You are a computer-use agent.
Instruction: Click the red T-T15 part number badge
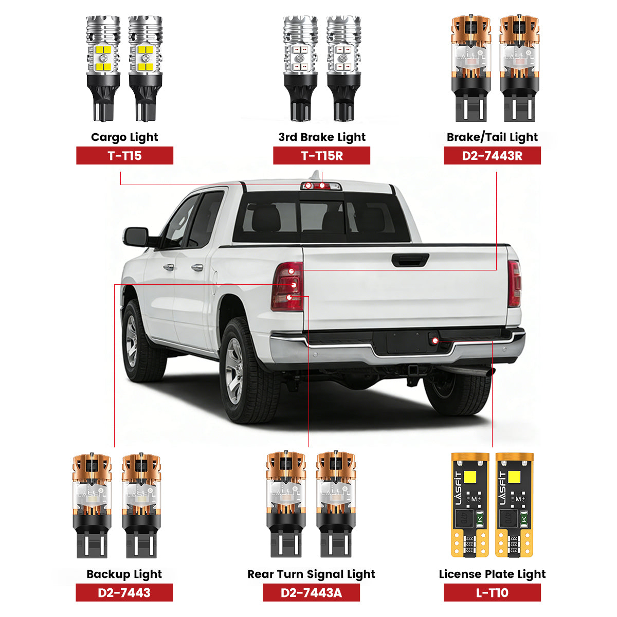pyautogui.click(x=124, y=155)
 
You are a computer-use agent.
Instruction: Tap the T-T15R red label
pyautogui.click(x=321, y=155)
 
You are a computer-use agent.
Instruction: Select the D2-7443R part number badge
pyautogui.click(x=492, y=155)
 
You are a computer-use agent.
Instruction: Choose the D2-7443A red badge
pyautogui.click(x=311, y=592)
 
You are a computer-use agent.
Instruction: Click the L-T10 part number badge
pyautogui.click(x=492, y=592)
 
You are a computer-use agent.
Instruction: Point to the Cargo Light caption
pyautogui.click(x=124, y=137)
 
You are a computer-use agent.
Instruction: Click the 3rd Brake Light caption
pyautogui.click(x=322, y=137)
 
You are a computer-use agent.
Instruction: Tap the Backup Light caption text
pyautogui.click(x=124, y=574)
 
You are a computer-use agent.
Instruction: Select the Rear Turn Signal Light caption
pyautogui.click(x=311, y=574)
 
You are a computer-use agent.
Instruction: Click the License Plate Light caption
pyautogui.click(x=492, y=574)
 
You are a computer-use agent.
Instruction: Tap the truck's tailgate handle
pyautogui.click(x=410, y=260)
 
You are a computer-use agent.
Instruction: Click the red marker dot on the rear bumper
pyautogui.click(x=435, y=340)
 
